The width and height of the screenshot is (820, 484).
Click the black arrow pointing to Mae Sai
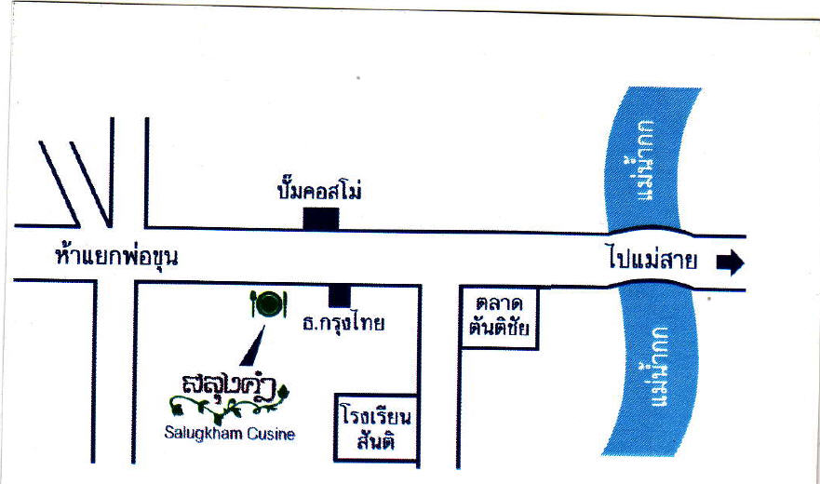click(731, 263)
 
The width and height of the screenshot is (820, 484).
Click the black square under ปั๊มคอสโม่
click(320, 219)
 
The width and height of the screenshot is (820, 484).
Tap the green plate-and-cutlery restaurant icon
click(268, 303)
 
